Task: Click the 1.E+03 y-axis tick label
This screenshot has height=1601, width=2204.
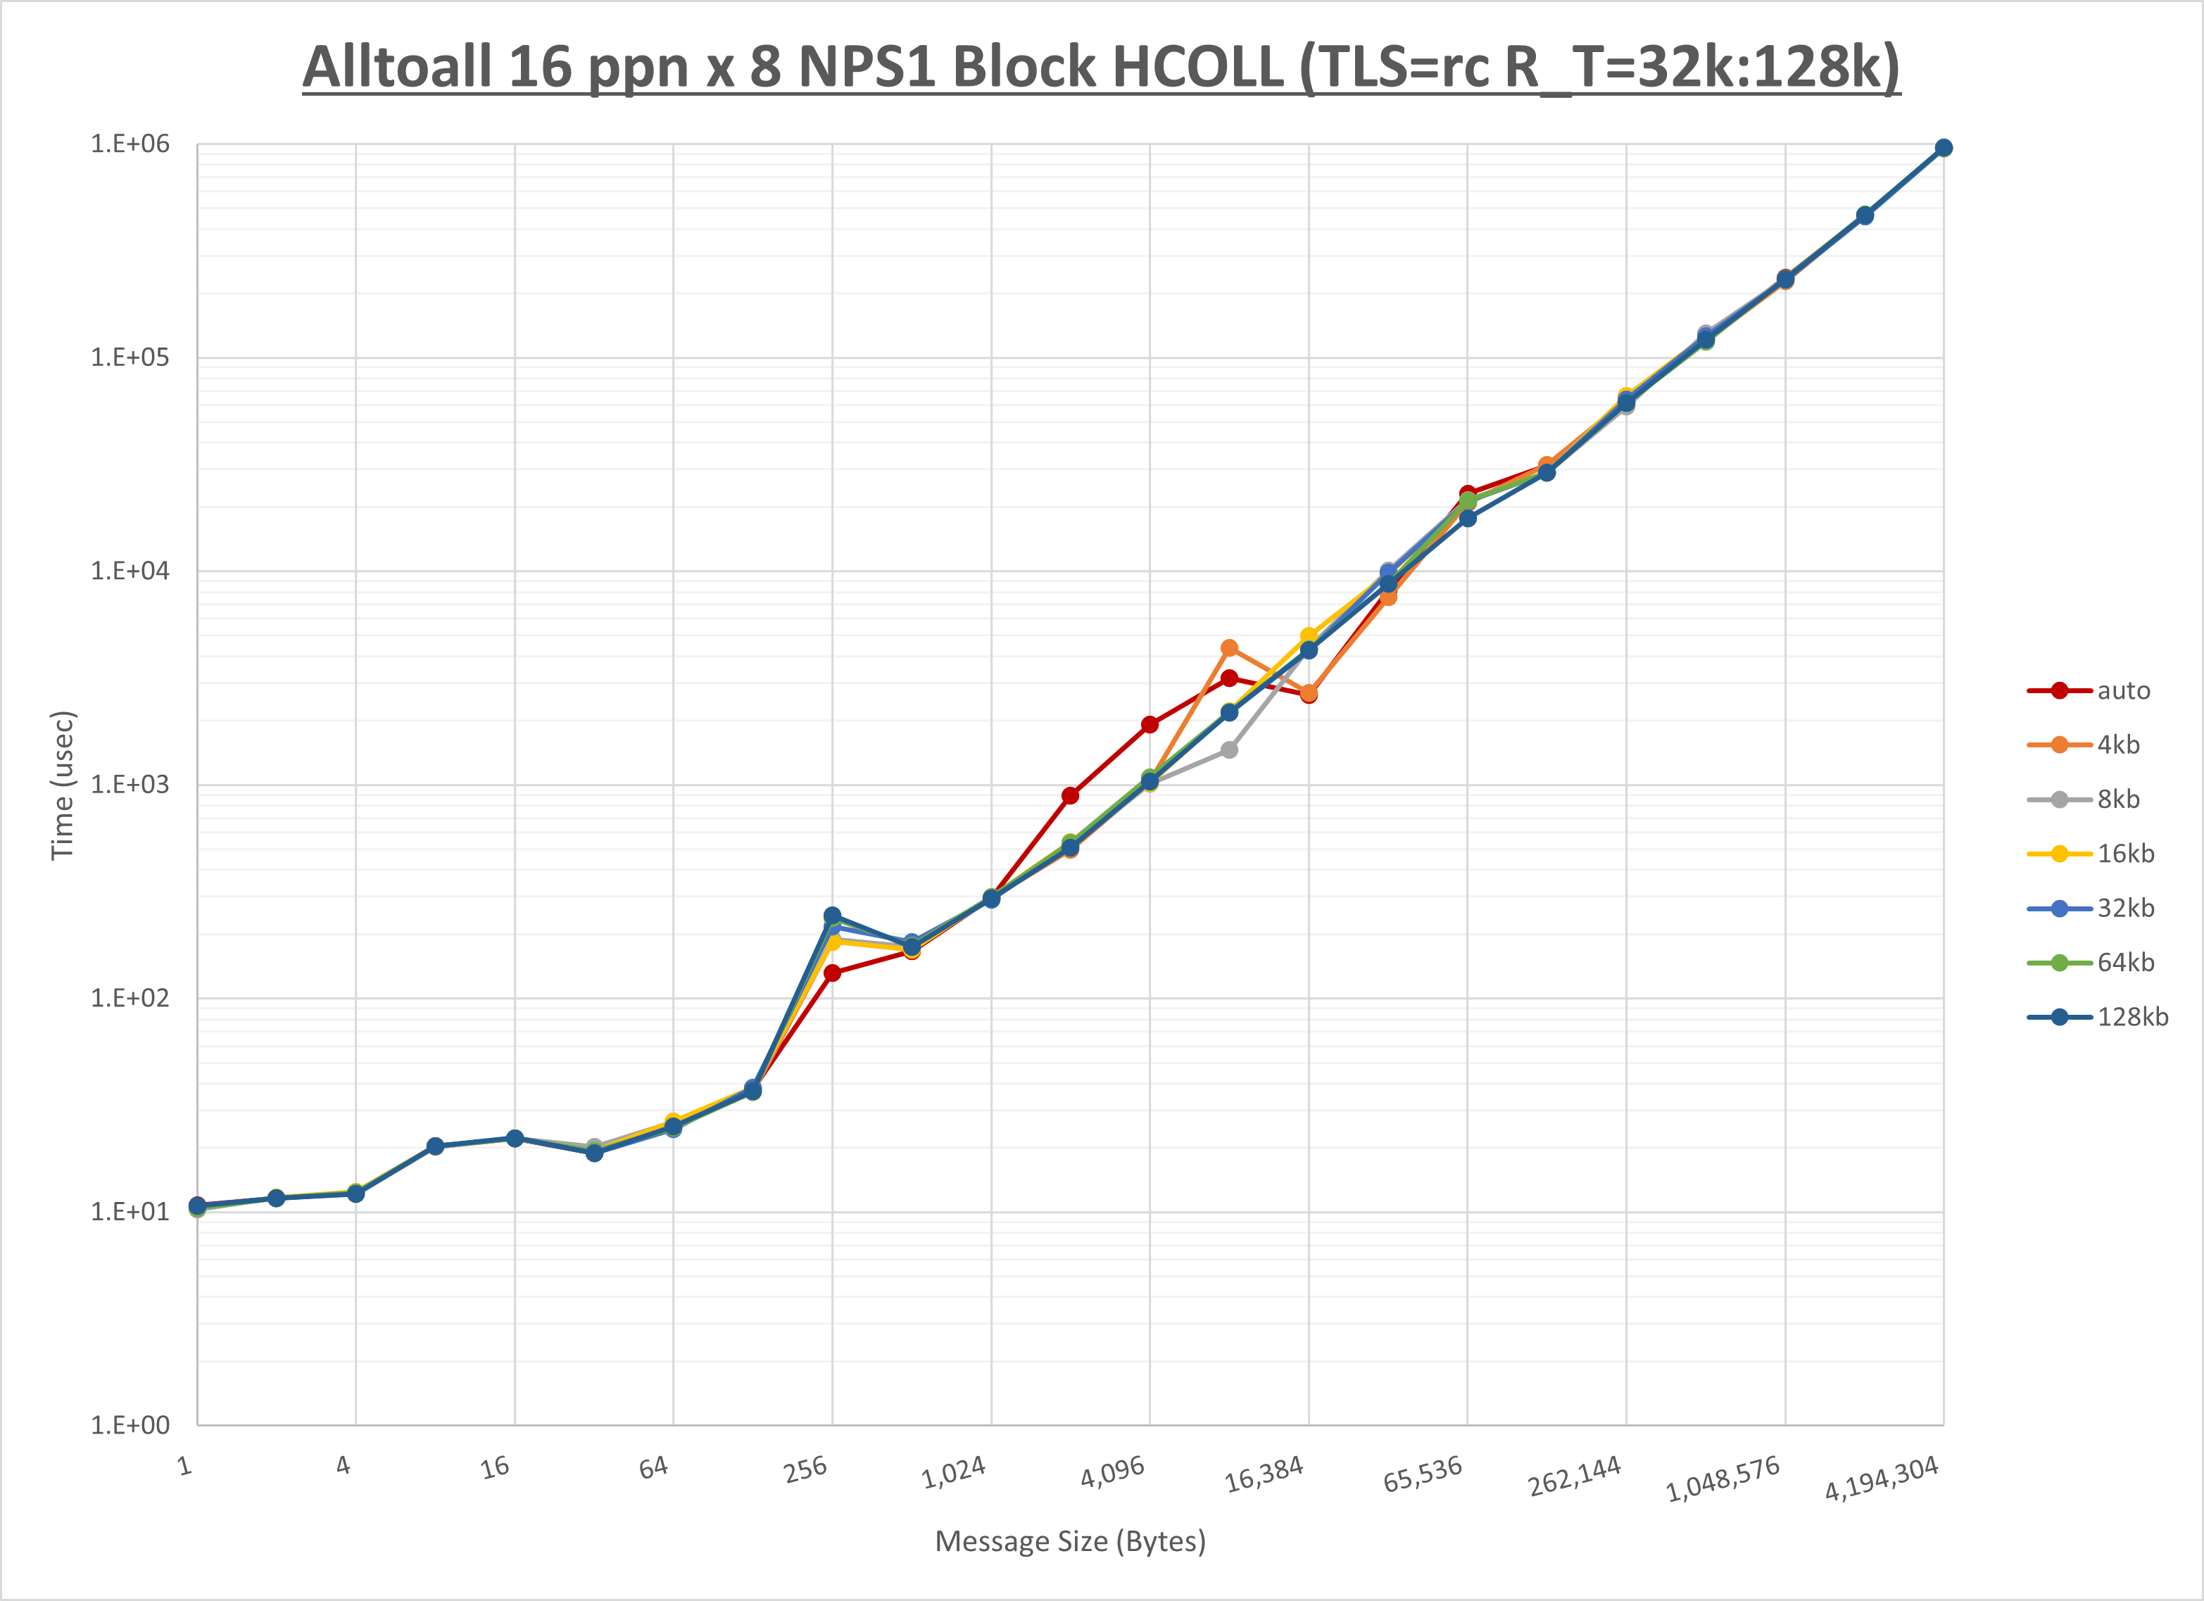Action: click(x=130, y=784)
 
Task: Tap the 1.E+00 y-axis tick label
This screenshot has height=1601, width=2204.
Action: click(x=130, y=1425)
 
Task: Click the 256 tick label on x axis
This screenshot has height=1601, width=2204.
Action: click(x=805, y=1469)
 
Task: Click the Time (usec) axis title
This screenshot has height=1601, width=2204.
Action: click(x=62, y=785)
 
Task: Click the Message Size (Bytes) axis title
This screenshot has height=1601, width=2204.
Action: click(x=1070, y=1542)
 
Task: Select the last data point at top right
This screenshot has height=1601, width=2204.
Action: click(x=1943, y=148)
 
